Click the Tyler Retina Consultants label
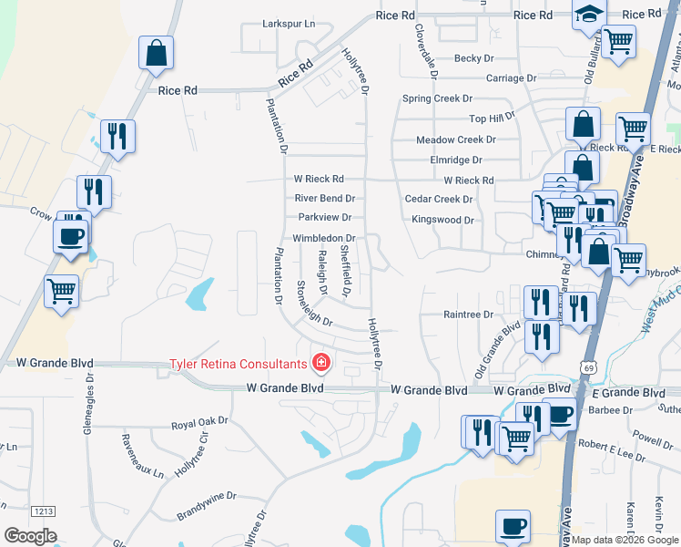point(239,365)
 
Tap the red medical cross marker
point(320,364)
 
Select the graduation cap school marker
point(589,15)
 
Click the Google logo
point(30,536)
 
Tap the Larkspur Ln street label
point(288,23)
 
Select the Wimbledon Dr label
point(323,238)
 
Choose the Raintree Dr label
point(467,315)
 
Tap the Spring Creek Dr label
point(438,98)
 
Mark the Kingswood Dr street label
point(442,220)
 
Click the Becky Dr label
point(473,58)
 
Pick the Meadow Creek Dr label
point(455,139)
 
